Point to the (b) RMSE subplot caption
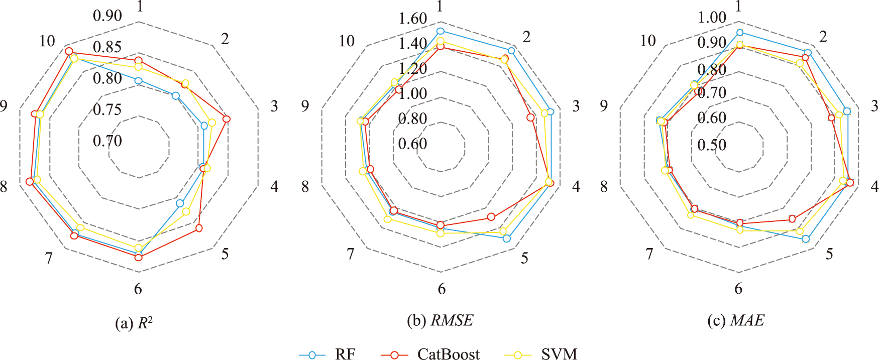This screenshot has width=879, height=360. point(440,320)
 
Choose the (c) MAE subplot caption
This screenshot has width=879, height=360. point(736,320)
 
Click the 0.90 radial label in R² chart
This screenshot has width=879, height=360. point(107,16)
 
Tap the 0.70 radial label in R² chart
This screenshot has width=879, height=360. point(107,141)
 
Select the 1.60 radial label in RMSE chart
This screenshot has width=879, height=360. point(413,19)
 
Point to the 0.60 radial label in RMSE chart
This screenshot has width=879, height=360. point(413,144)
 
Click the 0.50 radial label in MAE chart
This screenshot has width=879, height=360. point(712,145)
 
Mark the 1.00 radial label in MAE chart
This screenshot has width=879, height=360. point(712,18)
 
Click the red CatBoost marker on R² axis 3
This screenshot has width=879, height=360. point(227,119)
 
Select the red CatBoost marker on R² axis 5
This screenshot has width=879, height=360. point(199,228)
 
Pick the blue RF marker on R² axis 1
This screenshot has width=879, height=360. point(139,80)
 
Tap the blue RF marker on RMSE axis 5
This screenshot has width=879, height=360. point(507,238)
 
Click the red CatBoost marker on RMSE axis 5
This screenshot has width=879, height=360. point(491,217)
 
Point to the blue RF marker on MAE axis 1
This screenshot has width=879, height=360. point(739,33)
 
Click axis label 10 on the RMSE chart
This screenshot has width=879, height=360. point(347,41)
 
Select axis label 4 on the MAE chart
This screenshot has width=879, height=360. point(874,186)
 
